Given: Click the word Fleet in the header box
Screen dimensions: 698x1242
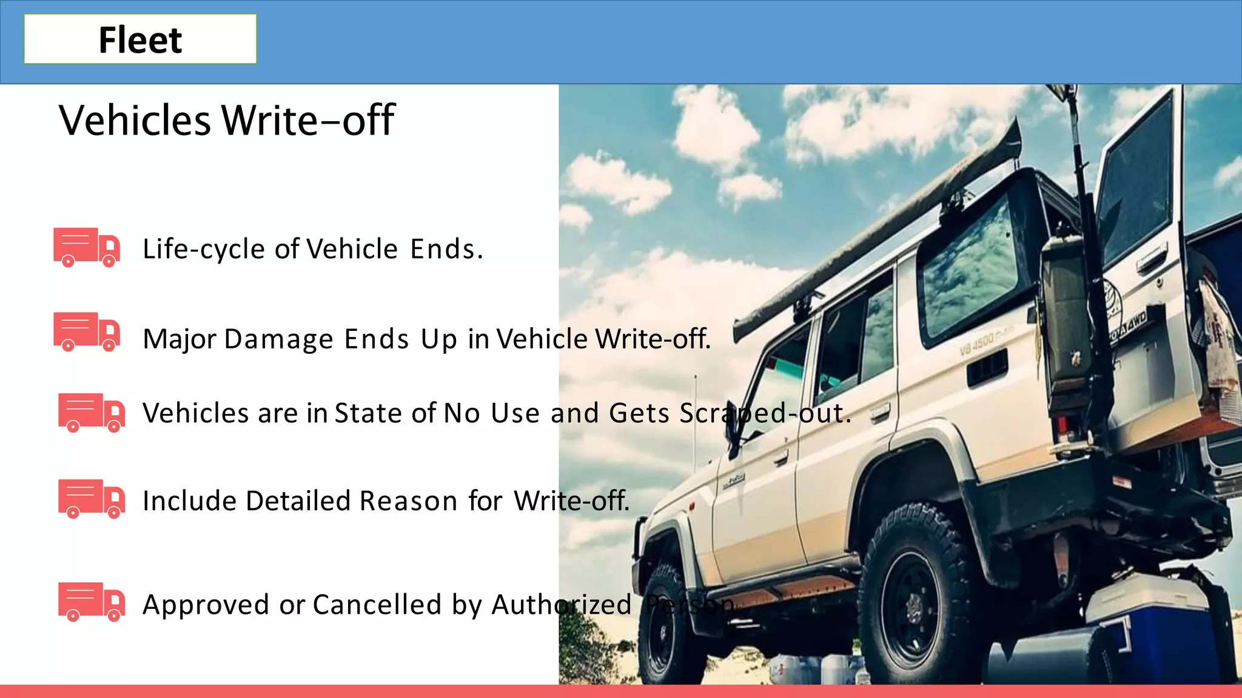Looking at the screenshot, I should [140, 40].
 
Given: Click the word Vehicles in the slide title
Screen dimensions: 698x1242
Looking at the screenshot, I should [135, 120].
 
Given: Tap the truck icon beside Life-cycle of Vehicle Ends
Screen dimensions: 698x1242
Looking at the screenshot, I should [87, 247].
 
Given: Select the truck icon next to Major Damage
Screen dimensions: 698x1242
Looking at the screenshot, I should [87, 331].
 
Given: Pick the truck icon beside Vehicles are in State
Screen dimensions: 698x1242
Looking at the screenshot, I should [92, 413].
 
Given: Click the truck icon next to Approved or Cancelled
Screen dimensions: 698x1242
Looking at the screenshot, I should [92, 602].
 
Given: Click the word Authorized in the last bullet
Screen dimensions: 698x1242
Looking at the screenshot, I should [562, 605].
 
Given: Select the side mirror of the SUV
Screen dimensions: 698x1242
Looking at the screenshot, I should [734, 430].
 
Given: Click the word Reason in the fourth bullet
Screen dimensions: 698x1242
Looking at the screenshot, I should [408, 501].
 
